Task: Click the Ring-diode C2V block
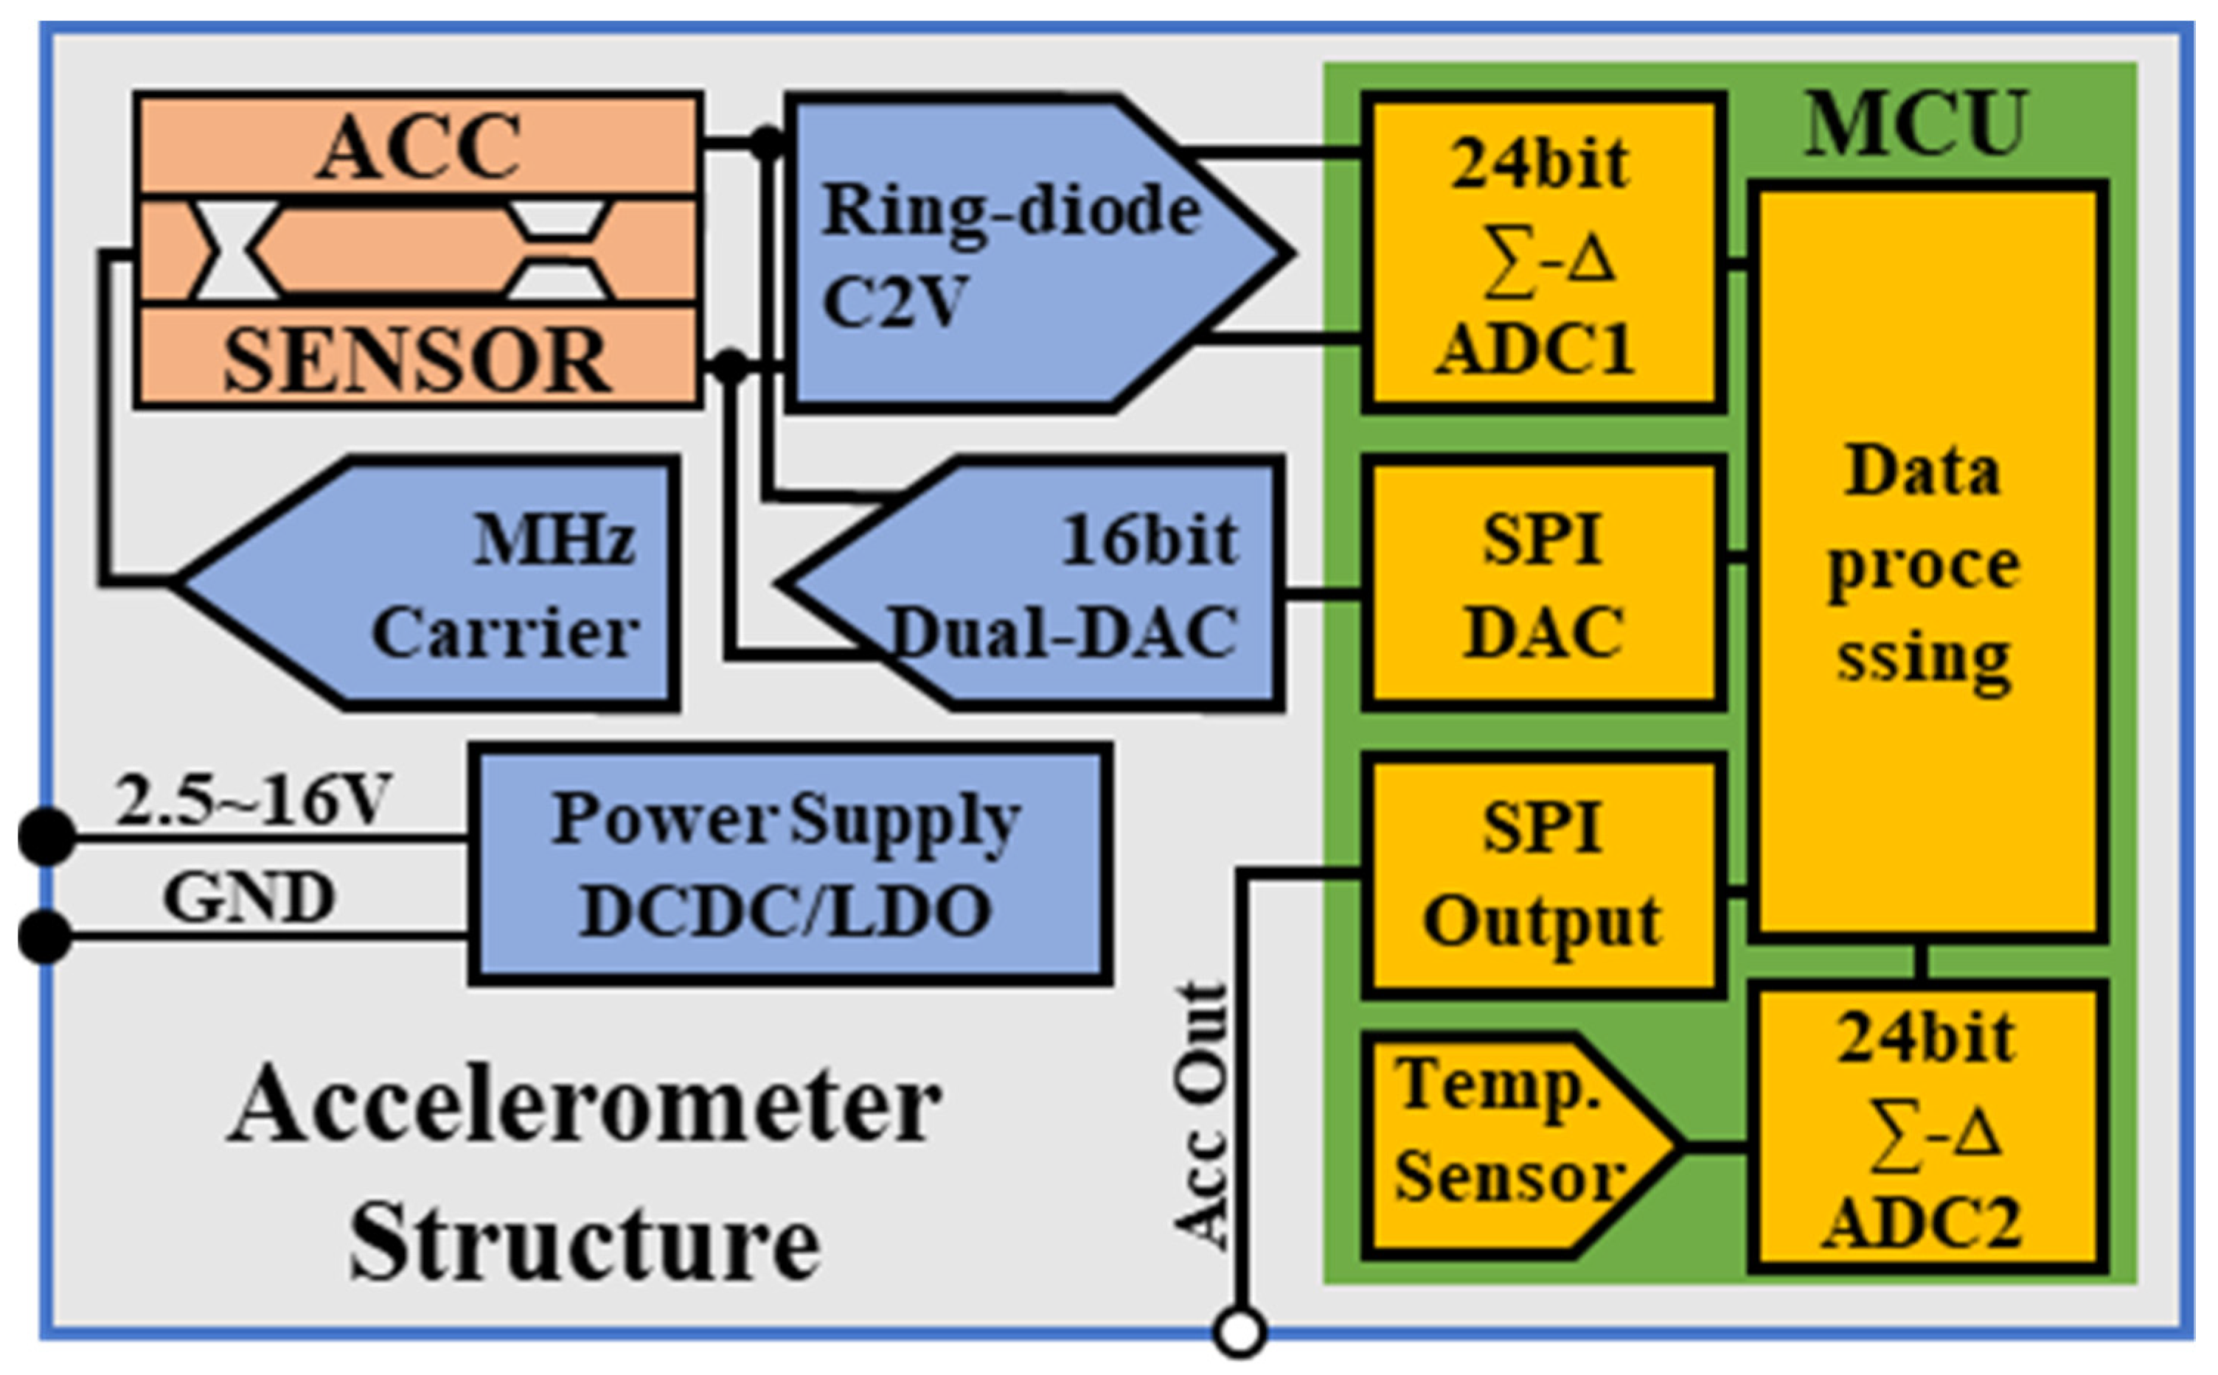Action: tap(1010, 255)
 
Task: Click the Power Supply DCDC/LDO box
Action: tap(788, 864)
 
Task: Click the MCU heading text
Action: tap(1916, 123)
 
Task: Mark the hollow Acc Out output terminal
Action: tap(1239, 1333)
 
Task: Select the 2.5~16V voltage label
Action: tap(252, 800)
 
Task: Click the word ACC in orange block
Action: tap(419, 145)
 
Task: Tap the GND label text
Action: tap(249, 897)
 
